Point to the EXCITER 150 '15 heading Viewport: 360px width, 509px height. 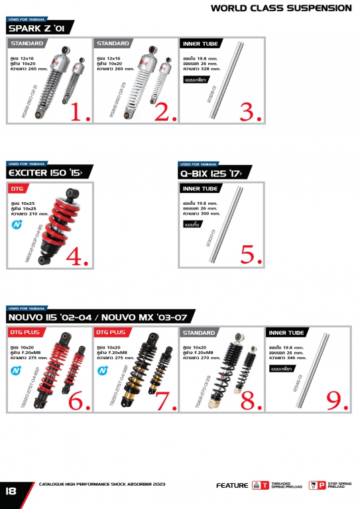click(44, 173)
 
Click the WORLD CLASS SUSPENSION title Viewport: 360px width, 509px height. click(281, 8)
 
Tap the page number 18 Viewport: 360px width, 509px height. click(11, 491)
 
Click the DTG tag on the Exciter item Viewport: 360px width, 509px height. click(17, 188)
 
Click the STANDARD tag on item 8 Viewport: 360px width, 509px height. click(198, 332)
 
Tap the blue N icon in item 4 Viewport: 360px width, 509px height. click(16, 224)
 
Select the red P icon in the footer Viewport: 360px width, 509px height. click(322, 486)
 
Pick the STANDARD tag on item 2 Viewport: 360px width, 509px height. click(113, 44)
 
